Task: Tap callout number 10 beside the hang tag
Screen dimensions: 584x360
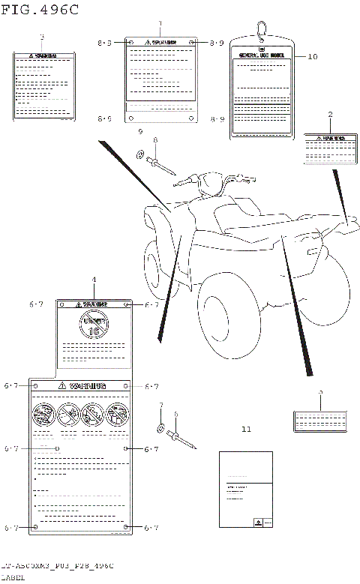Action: [313, 56]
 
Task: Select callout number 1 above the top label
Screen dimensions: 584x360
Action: [158, 24]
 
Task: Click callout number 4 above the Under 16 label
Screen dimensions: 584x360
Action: [94, 280]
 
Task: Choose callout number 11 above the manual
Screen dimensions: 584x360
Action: [247, 430]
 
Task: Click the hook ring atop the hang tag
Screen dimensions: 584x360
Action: [262, 29]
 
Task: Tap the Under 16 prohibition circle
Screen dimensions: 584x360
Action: [94, 326]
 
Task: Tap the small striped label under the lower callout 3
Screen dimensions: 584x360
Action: [320, 421]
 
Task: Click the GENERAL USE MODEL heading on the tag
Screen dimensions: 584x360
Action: [260, 55]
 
